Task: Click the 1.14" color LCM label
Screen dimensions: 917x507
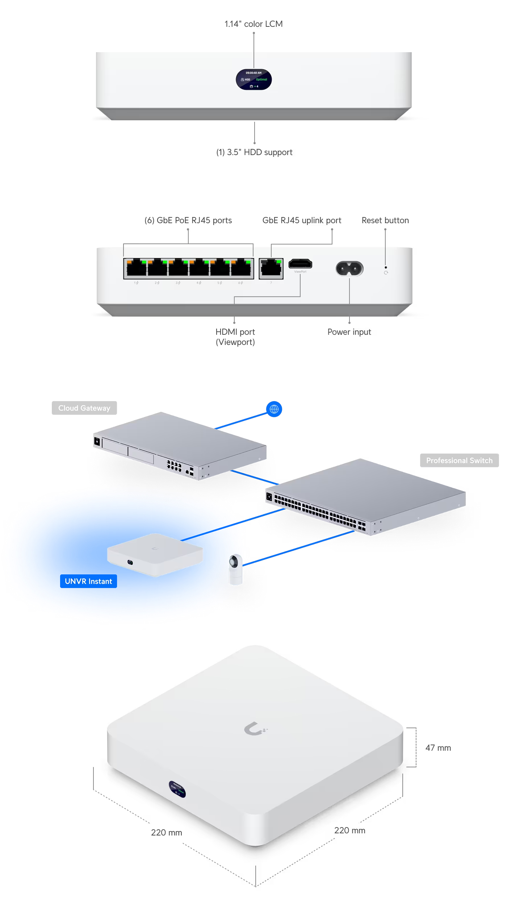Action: [x=253, y=24]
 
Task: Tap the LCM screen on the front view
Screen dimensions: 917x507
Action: [x=253, y=79]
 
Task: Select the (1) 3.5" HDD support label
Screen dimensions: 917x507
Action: [x=254, y=152]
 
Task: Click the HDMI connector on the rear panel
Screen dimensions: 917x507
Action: [x=300, y=264]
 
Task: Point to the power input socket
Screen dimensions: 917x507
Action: [x=349, y=268]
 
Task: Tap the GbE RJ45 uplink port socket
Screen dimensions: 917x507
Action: [x=271, y=268]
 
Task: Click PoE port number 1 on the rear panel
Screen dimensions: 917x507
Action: [x=136, y=268]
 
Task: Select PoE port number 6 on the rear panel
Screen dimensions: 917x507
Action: [x=241, y=268]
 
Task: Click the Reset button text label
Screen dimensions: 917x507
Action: [x=385, y=220]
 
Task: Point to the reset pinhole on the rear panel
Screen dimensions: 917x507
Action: [x=386, y=267]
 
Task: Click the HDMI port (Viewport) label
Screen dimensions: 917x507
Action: [x=235, y=337]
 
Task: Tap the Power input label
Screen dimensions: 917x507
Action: [x=349, y=332]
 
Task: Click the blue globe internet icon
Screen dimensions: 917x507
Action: [x=274, y=409]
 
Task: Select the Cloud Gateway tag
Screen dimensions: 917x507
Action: [x=84, y=408]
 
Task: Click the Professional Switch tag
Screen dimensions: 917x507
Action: [x=459, y=460]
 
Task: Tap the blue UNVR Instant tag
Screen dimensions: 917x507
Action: [x=88, y=581]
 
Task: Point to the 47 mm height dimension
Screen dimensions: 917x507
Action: [x=438, y=748]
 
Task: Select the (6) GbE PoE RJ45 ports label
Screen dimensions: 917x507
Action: [x=188, y=220]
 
